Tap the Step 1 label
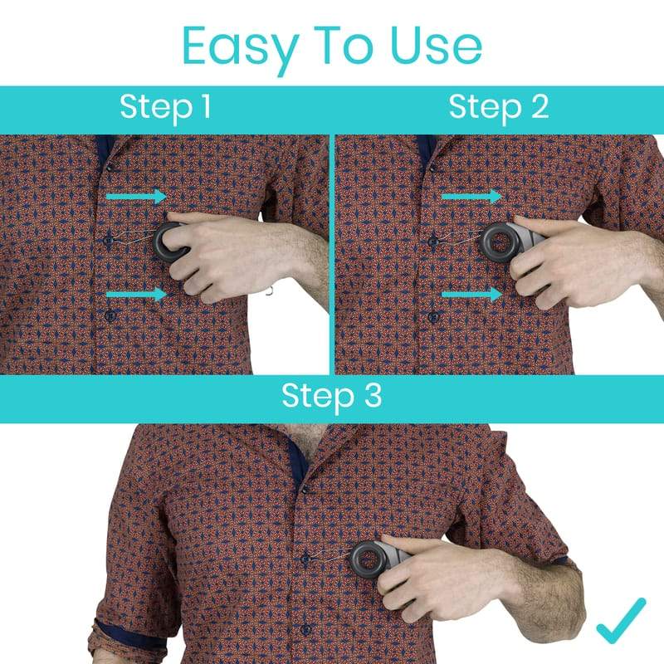165,108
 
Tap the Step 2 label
498,108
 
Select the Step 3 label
332,396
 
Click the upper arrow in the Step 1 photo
136,196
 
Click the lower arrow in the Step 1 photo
136,294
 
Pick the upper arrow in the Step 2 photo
471,196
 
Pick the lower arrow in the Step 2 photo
471,294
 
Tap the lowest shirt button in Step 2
432,316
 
